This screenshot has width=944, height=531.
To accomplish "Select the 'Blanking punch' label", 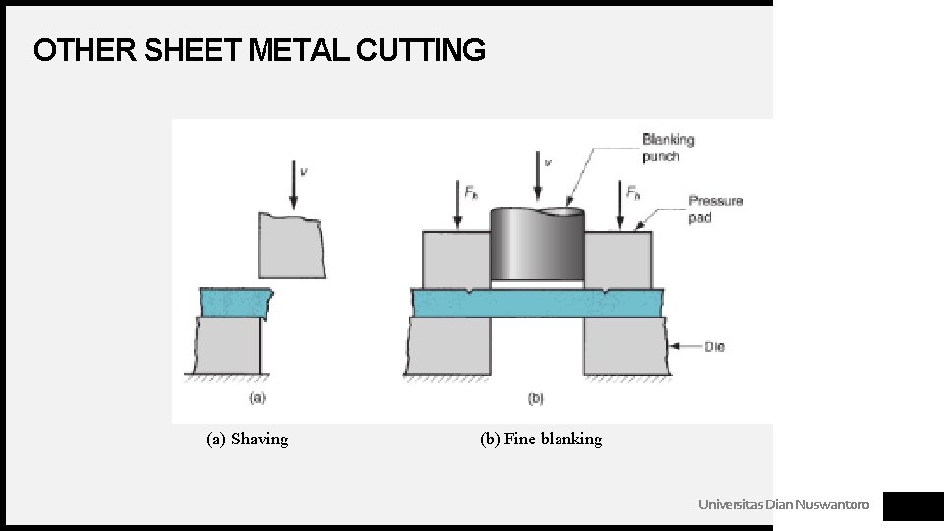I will pos(668,147).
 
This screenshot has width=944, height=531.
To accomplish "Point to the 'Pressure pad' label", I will pos(716,208).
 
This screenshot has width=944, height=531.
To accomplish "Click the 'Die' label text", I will pos(714,346).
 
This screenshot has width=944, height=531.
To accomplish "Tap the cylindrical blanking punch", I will pos(536,246).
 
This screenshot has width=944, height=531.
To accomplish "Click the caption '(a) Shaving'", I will pos(247,440).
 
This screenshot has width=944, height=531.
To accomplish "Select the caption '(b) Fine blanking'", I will pos(540,440).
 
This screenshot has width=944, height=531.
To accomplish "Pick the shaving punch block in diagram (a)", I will pos(292,246).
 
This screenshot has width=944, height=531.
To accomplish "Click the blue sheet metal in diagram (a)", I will pos(234,301).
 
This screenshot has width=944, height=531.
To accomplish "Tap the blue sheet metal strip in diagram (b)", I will pos(536,303).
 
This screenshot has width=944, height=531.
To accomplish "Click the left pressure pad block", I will pos(455,259).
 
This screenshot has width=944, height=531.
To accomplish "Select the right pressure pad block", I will pos(617,259).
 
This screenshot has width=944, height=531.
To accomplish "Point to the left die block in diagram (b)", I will pos(448,345).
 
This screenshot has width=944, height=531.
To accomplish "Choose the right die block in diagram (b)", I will pos(625,345).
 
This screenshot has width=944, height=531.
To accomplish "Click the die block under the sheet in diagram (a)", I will pos(228,345).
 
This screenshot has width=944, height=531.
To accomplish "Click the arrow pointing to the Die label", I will pos(684,346).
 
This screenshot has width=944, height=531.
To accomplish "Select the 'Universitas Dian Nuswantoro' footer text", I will pos(784,505).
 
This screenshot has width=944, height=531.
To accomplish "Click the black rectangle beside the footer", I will pos(913,505).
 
